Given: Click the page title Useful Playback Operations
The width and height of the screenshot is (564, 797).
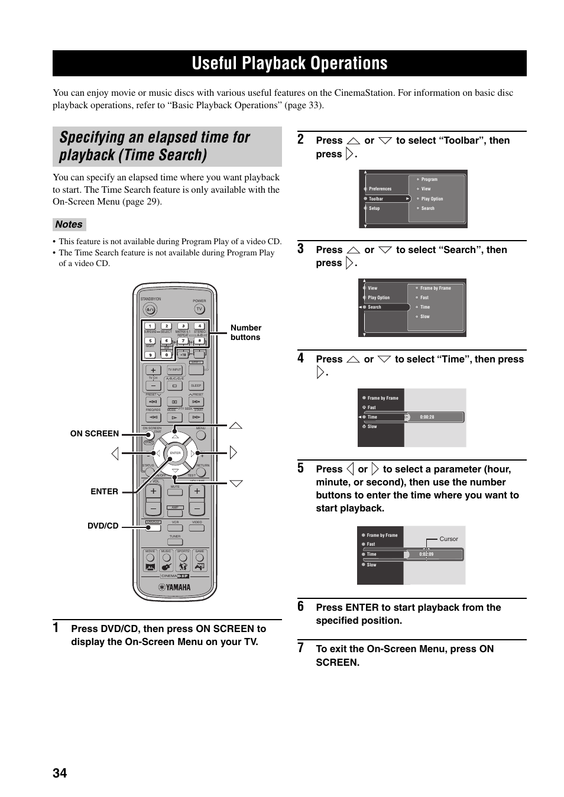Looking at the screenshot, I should [x=290, y=63].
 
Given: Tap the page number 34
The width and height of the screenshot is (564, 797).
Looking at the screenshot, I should [x=60, y=773].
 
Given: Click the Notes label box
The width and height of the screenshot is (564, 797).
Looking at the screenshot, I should [x=69, y=225].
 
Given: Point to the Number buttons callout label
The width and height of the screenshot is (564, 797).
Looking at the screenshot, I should [x=245, y=332].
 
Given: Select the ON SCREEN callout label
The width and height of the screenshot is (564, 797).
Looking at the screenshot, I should [x=95, y=433].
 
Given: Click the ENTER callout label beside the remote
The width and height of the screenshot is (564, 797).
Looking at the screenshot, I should [x=104, y=491].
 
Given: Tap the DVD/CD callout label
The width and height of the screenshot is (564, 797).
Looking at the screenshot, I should [x=103, y=526].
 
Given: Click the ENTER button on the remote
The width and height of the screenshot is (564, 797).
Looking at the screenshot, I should [x=175, y=453].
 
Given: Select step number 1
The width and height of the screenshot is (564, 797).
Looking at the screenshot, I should [x=56, y=628].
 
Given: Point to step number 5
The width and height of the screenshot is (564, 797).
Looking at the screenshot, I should [x=301, y=468].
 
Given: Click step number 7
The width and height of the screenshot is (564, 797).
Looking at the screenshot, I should [x=301, y=648].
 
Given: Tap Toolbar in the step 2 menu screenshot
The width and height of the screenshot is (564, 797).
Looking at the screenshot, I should [x=377, y=199].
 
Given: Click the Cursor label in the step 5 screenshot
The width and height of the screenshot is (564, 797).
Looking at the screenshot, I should [x=449, y=539].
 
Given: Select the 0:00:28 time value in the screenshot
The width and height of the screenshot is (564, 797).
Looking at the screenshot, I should [x=427, y=417].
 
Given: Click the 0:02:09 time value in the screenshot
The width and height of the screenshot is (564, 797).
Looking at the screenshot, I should [x=426, y=554].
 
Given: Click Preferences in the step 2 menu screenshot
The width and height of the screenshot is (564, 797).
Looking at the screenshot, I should [x=380, y=189].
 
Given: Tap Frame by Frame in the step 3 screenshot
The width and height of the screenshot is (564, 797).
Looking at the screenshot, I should [x=435, y=288].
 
